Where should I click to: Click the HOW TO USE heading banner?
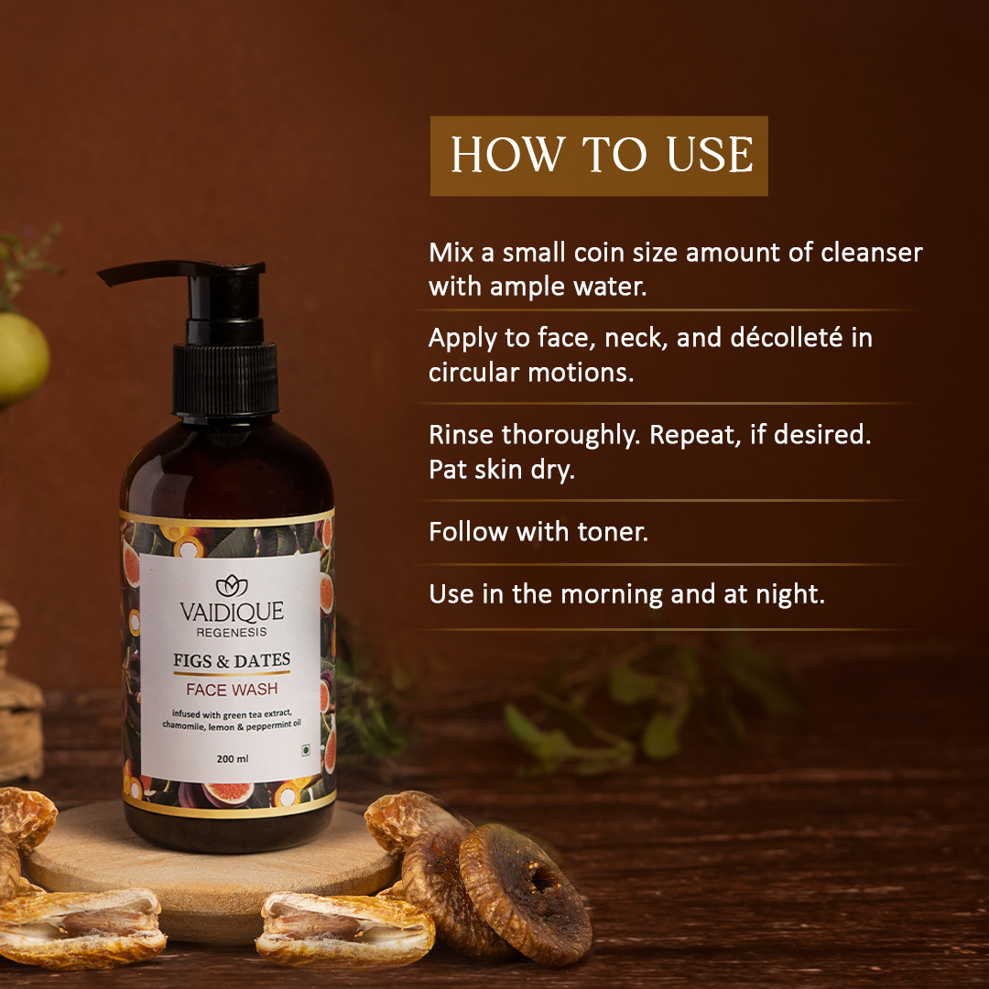599,155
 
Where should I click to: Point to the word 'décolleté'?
786,337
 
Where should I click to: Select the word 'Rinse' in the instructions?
461,435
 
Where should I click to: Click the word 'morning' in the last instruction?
611,595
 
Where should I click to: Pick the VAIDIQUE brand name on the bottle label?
232,611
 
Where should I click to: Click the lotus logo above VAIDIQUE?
232,586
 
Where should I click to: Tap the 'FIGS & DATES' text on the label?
232,660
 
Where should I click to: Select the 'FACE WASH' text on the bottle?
232,690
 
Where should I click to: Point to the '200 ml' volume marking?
232,759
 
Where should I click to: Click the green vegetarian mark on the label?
306,750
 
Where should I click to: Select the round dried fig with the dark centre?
525,895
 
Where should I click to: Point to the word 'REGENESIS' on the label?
232,633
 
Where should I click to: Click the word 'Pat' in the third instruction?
447,470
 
